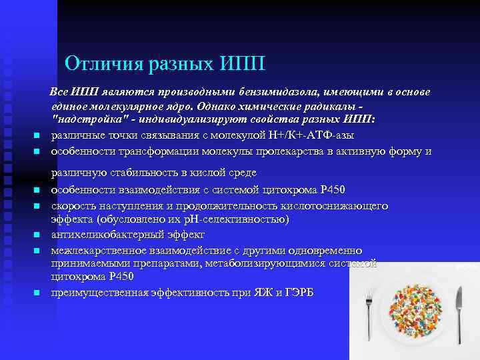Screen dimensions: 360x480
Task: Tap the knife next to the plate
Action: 457,313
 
